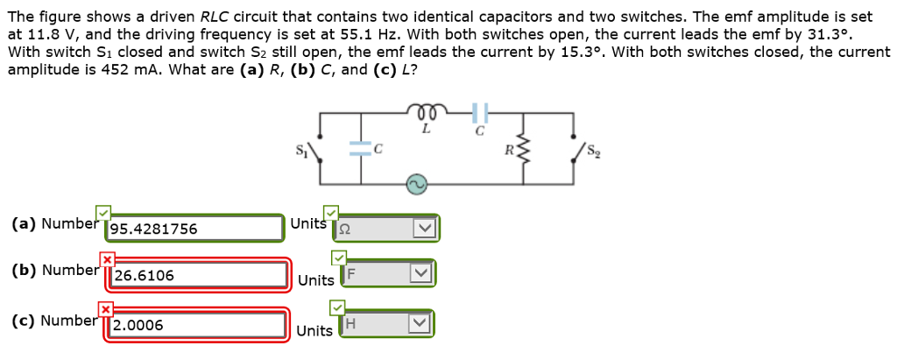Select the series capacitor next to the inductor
478,112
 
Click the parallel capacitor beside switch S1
360,149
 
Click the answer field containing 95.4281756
194,229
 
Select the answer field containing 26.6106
198,275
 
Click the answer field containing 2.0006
198,324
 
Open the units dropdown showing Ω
387,229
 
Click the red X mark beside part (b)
106,259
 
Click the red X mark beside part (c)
106,308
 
